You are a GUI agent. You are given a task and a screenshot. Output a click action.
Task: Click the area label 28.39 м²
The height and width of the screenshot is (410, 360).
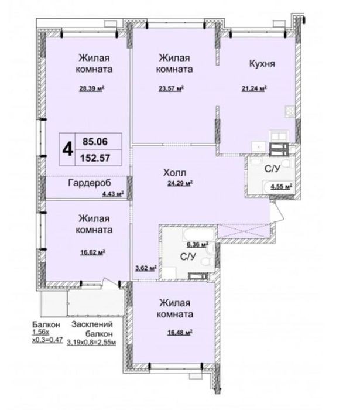[92, 88]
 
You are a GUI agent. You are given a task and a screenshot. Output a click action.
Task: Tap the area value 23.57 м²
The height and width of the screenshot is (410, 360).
[171, 88]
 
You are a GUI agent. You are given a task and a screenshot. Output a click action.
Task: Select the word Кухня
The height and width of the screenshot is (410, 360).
[262, 63]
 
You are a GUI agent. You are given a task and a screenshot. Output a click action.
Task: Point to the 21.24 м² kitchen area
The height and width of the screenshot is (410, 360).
[254, 88]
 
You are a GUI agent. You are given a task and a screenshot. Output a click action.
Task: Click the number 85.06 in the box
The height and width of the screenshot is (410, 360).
[95, 142]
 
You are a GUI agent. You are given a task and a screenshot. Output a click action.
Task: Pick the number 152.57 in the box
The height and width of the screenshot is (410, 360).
[95, 158]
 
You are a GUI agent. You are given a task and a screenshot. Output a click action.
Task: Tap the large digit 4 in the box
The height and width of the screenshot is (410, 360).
[67, 149]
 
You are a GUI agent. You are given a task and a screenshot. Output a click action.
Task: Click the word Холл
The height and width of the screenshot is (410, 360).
[175, 173]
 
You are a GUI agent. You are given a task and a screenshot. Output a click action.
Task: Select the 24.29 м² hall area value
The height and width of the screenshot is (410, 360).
[180, 183]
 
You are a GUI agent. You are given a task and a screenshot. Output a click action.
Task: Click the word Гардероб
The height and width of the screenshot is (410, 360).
[90, 183]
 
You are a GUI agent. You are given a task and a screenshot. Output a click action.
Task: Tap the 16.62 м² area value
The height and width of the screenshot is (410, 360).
[92, 252]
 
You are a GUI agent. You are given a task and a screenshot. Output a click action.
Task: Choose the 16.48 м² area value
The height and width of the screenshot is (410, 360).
[180, 333]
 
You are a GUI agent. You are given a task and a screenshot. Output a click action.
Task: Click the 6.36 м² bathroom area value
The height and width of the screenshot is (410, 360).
[197, 245]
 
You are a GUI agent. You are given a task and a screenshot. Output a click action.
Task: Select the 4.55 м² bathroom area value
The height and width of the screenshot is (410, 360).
[282, 187]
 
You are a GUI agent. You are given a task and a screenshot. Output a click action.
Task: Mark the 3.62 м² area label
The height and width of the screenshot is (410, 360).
[146, 268]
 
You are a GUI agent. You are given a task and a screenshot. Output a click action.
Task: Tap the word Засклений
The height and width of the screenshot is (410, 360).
[92, 324]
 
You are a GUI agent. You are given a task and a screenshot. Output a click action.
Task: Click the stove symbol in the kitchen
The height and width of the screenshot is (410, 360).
[290, 111]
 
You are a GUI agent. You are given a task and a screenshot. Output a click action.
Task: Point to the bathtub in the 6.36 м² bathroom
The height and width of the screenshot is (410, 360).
[199, 234]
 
